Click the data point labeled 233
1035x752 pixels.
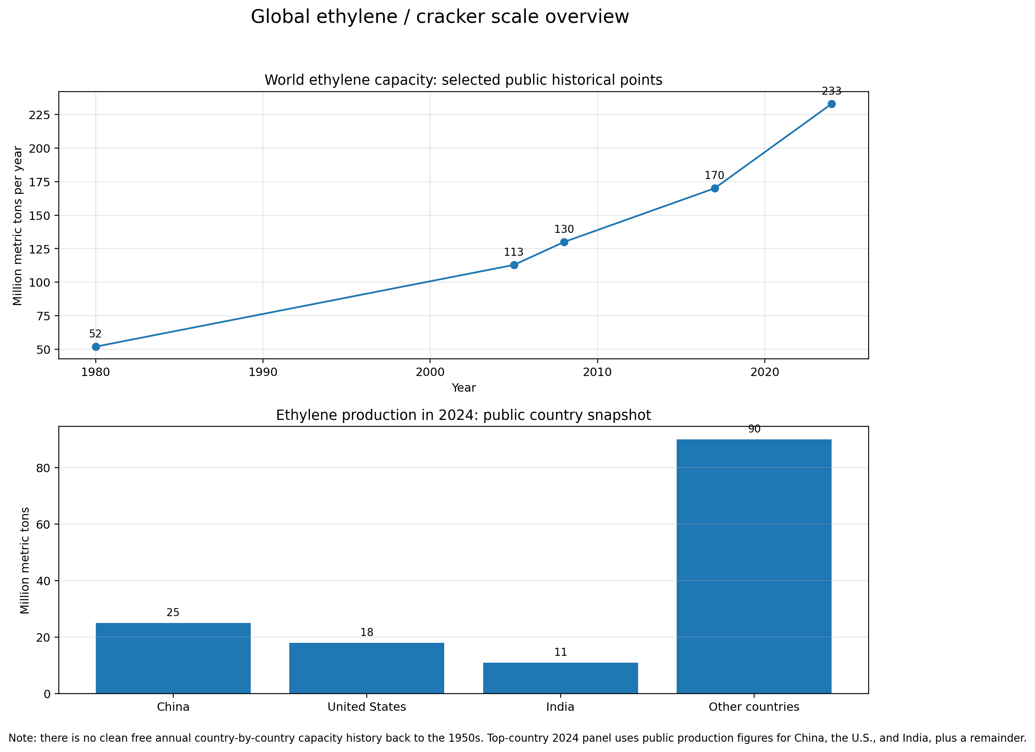832,104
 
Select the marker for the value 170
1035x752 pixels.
715,189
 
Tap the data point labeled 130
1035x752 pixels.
564,242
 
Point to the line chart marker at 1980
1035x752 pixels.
96,347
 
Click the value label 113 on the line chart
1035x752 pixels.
513,252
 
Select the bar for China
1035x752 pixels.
173,658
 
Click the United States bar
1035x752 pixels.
366,668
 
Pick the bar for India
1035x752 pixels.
560,678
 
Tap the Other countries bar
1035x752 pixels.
754,566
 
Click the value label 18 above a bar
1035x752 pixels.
366,633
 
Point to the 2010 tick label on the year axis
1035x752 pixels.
597,373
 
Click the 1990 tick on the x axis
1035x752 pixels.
263,373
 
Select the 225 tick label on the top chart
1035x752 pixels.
39,115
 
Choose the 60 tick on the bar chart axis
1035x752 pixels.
44,524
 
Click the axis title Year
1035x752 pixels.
464,388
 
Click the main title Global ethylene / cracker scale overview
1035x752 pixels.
440,17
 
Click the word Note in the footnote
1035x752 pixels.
23,738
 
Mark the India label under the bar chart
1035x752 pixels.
560,707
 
